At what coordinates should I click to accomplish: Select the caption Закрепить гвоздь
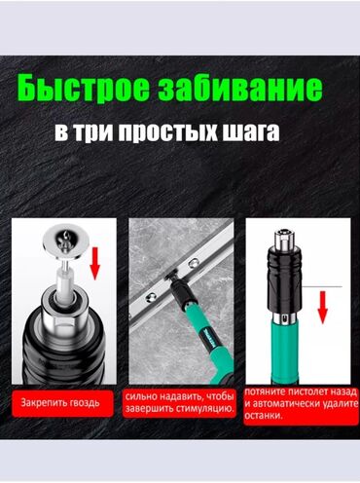63,400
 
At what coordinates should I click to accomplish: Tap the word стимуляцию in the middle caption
204,409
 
